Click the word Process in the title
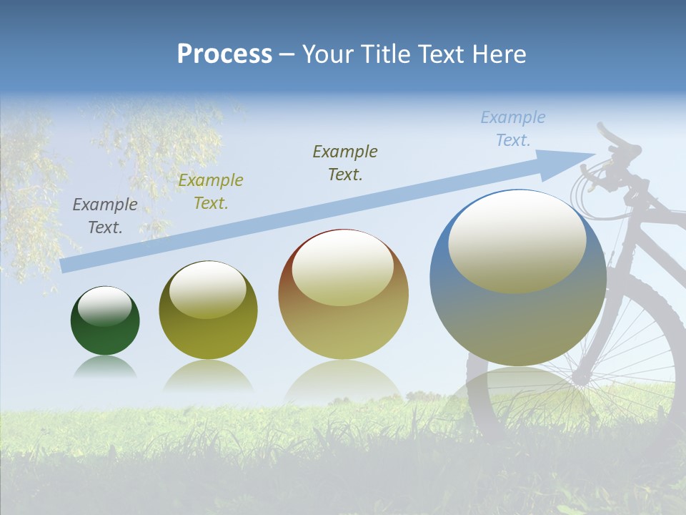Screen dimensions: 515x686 coord(224,54)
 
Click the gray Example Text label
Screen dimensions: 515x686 coord(105,216)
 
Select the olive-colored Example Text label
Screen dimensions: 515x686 coord(211,192)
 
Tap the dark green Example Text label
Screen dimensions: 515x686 coord(345,163)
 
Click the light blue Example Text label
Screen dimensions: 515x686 coord(512,129)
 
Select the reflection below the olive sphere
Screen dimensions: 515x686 coord(208,376)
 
